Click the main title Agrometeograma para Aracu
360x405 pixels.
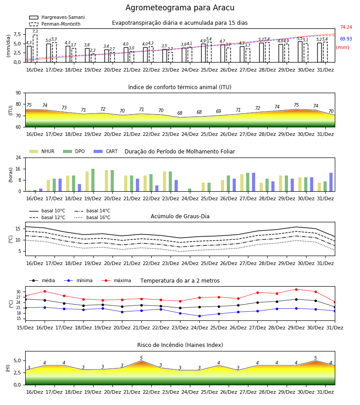pyautogui.click(x=180, y=8)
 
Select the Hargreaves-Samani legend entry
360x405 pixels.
pyautogui.click(x=57, y=17)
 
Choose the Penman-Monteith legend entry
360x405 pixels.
pyautogui.click(x=55, y=24)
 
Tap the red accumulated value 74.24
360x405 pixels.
pyautogui.click(x=346, y=27)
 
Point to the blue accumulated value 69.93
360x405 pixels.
pyautogui.click(x=346, y=39)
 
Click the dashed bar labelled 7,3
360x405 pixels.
pyautogui.click(x=35, y=49)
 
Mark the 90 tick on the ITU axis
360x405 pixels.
pyautogui.click(x=18, y=93)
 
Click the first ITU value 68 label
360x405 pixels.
pyautogui.click(x=180, y=113)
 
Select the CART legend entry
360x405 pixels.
pyautogui.click(x=105, y=151)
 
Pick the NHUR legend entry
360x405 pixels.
pyautogui.click(x=42, y=151)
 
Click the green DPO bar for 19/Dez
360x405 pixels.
pyautogui.click(x=93, y=180)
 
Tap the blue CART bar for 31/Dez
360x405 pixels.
pyautogui.click(x=331, y=182)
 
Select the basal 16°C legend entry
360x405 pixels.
pyautogui.click(x=92, y=217)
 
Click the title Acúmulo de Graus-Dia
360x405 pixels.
pyautogui.click(x=180, y=216)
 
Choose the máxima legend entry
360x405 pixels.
pyautogui.click(x=116, y=280)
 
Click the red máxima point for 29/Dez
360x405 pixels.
pyautogui.click(x=296, y=289)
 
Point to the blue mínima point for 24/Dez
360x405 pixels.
pyautogui.click(x=199, y=316)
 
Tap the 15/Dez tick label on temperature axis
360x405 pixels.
pyautogui.click(x=25, y=328)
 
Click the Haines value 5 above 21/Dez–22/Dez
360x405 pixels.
pyautogui.click(x=141, y=358)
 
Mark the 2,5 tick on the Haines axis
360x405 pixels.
pyautogui.click(x=17, y=373)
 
